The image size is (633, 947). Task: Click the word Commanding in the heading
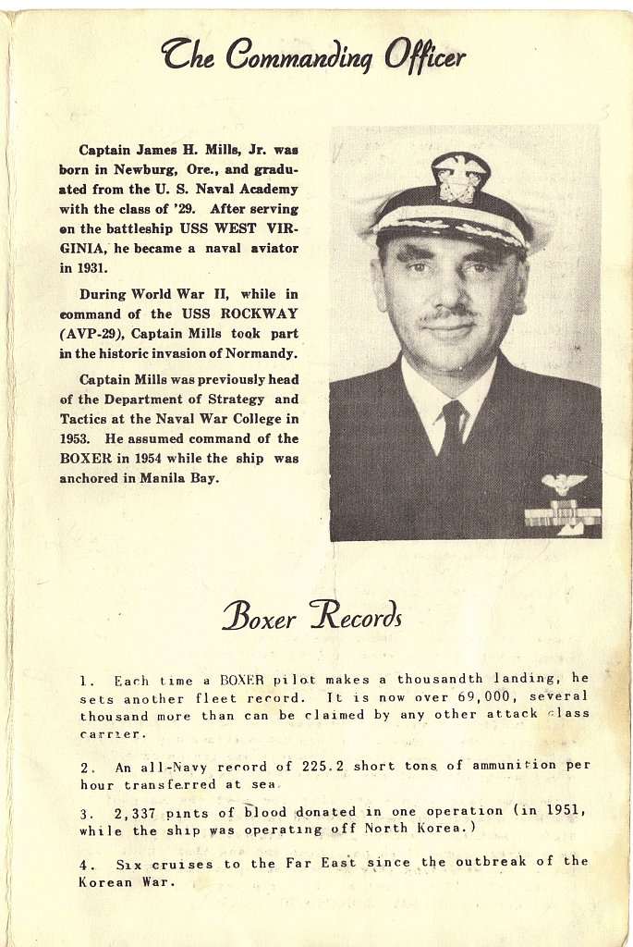[300, 57]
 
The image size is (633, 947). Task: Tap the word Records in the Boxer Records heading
[356, 615]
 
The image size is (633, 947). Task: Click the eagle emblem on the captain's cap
[459, 179]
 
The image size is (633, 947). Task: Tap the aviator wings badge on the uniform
[564, 483]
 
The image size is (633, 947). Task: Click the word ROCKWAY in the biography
[260, 314]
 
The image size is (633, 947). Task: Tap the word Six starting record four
[129, 864]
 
